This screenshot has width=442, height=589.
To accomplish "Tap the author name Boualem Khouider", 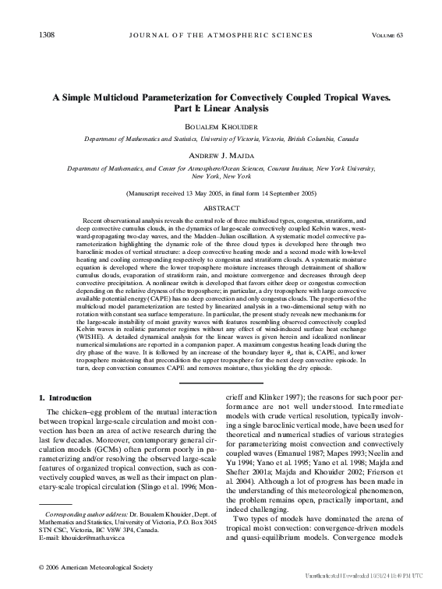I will pyautogui.click(x=221, y=125).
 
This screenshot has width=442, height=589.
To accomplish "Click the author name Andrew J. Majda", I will pyautogui.click(x=221, y=155).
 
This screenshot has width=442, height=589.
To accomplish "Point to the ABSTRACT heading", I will pyautogui.click(x=221, y=209).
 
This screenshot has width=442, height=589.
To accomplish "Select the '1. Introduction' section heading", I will pyautogui.click(x=70, y=398).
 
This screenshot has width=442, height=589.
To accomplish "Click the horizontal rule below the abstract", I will pyautogui.click(x=221, y=383).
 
